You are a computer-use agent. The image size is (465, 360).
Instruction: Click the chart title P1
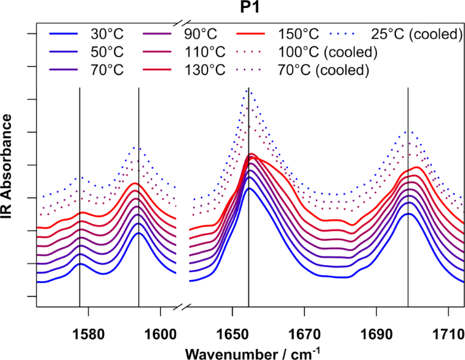pos(249,8)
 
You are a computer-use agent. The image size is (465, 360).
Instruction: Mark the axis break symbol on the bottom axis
pos(183,306)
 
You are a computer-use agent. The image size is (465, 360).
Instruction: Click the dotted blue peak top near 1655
pos(249,89)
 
